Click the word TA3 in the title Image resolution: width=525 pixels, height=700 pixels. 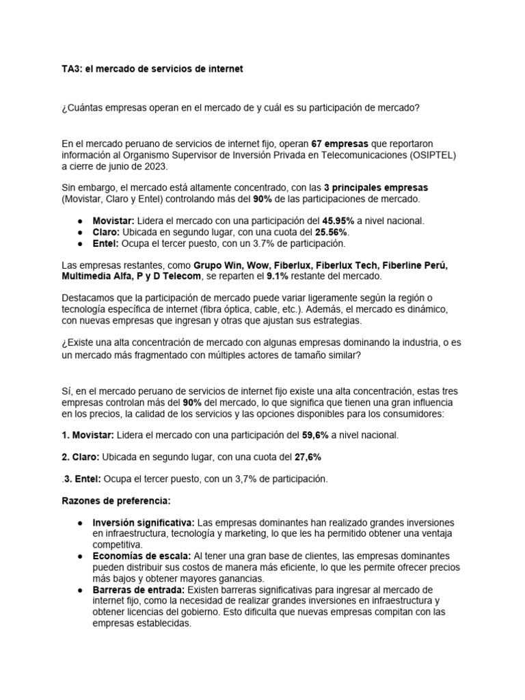(x=72, y=69)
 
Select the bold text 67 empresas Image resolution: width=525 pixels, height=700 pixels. (x=340, y=144)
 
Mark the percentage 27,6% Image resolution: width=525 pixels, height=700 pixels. (x=306, y=457)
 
